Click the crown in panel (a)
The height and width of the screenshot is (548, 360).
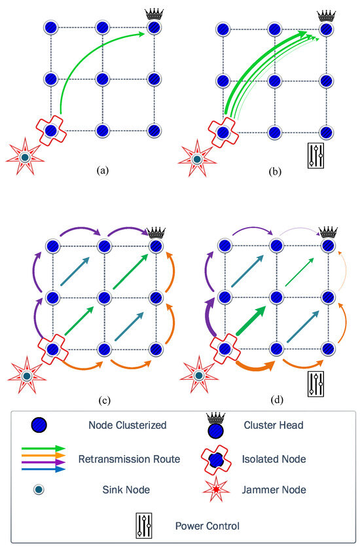pos(154,14)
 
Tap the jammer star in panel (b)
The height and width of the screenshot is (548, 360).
pos(195,158)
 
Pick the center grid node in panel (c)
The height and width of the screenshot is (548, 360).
pos(103,297)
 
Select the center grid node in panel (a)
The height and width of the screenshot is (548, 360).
pos(103,79)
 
